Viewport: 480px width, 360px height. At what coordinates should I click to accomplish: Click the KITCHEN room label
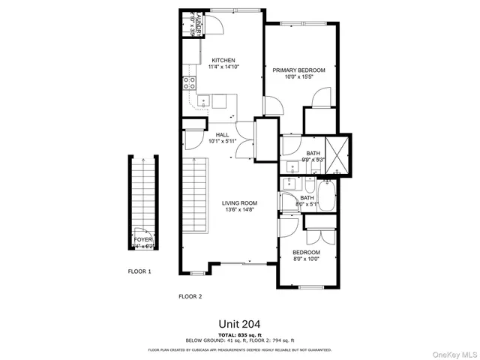[223, 60]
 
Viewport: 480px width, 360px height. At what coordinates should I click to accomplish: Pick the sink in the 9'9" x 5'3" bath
[290, 166]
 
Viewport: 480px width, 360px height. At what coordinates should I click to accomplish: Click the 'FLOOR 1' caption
[139, 271]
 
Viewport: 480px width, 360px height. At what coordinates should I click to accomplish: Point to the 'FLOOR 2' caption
[190, 296]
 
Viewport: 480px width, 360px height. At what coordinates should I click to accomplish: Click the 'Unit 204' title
[239, 324]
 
